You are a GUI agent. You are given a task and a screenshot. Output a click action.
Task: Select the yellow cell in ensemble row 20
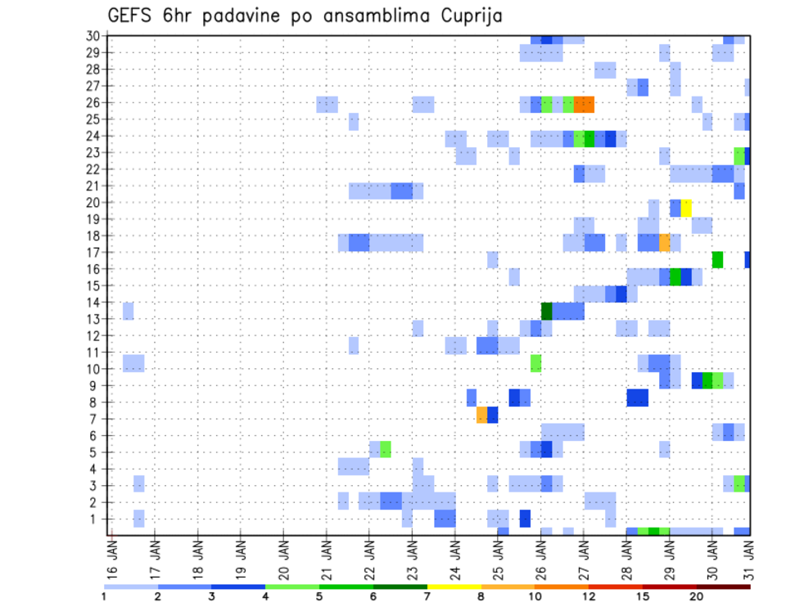click(686, 208)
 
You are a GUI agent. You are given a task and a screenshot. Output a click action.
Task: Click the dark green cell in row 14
click(546, 310)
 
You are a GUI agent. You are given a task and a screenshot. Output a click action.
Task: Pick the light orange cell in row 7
click(482, 415)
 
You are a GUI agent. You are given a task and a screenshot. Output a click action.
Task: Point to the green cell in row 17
click(717, 259)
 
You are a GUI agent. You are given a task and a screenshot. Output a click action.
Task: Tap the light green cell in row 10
click(535, 362)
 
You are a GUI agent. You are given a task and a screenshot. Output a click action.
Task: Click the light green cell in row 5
click(386, 449)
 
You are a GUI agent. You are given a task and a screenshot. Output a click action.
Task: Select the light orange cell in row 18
click(665, 242)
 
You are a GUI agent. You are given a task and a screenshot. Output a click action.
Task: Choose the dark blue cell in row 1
click(525, 518)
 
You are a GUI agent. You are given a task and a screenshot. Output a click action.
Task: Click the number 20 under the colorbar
click(696, 596)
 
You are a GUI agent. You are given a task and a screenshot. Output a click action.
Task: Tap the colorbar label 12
click(589, 596)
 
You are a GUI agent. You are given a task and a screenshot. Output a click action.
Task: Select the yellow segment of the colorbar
click(454, 587)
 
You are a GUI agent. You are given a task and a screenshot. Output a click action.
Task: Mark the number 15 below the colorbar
click(643, 596)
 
